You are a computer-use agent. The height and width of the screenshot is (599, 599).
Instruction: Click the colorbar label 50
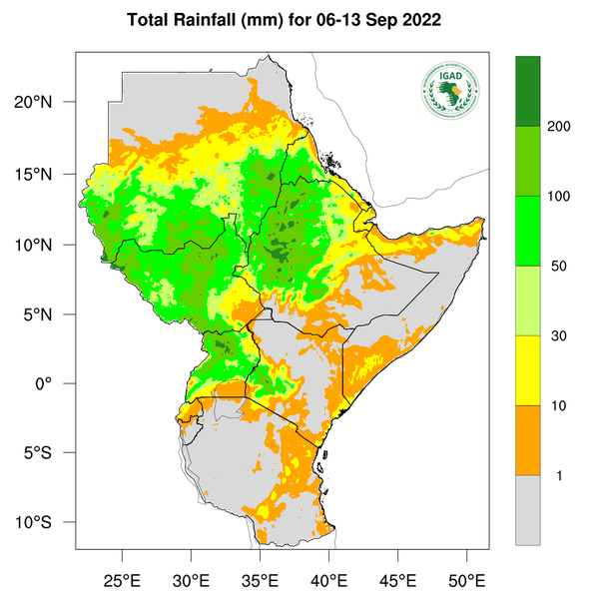[559, 267]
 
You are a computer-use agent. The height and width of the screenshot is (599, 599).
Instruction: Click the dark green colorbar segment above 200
[528, 91]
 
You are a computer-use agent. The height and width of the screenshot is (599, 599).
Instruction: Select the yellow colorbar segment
[528, 370]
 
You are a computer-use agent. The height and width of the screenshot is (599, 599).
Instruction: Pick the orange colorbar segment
[528, 440]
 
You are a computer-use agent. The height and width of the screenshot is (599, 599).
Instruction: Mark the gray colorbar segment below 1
[528, 510]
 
